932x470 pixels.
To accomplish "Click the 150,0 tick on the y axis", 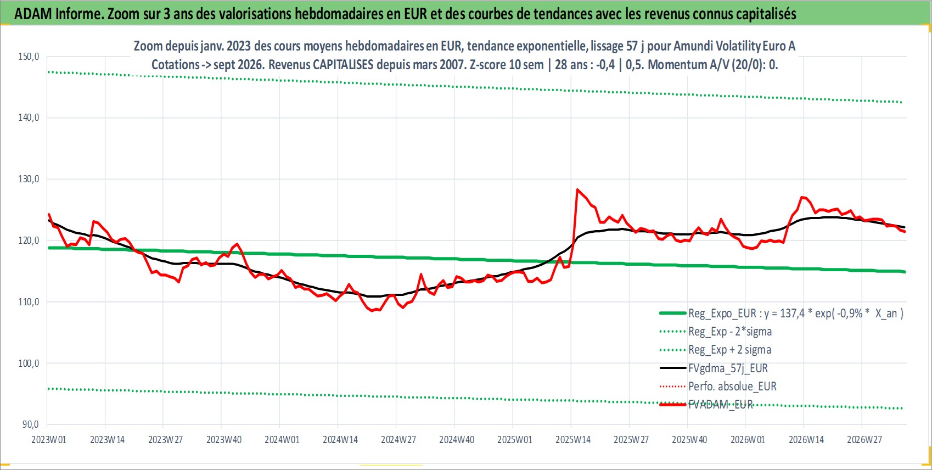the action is click(29, 57).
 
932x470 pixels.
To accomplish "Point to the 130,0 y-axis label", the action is click(29, 179).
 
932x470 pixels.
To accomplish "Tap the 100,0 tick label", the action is click(29, 363).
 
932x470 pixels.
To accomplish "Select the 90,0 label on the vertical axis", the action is click(30, 424).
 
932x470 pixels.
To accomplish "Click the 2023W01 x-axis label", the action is click(49, 440).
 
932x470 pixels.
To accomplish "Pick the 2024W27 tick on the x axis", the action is click(398, 440).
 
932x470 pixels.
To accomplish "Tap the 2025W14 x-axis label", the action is click(573, 440).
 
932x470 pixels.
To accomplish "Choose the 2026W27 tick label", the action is click(864, 440).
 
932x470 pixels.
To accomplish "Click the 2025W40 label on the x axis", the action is click(689, 440).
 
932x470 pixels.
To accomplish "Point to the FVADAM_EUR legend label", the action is click(721, 405).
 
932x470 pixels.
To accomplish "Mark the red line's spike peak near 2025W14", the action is click(577, 189).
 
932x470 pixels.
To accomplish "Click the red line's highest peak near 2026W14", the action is click(802, 197).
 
